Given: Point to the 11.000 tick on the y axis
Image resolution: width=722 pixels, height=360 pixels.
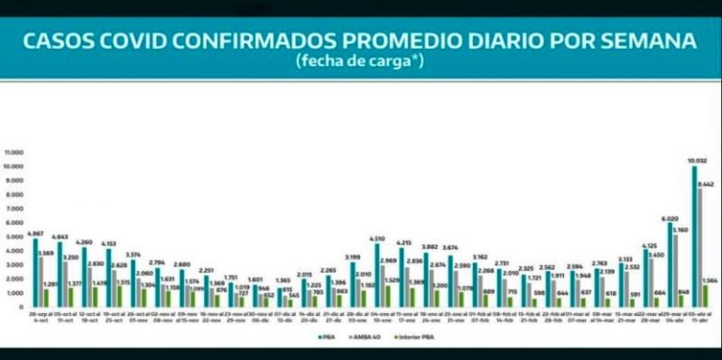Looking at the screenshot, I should point(13,152).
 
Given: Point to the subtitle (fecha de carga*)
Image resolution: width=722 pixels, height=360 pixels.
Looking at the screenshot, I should point(360,62).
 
